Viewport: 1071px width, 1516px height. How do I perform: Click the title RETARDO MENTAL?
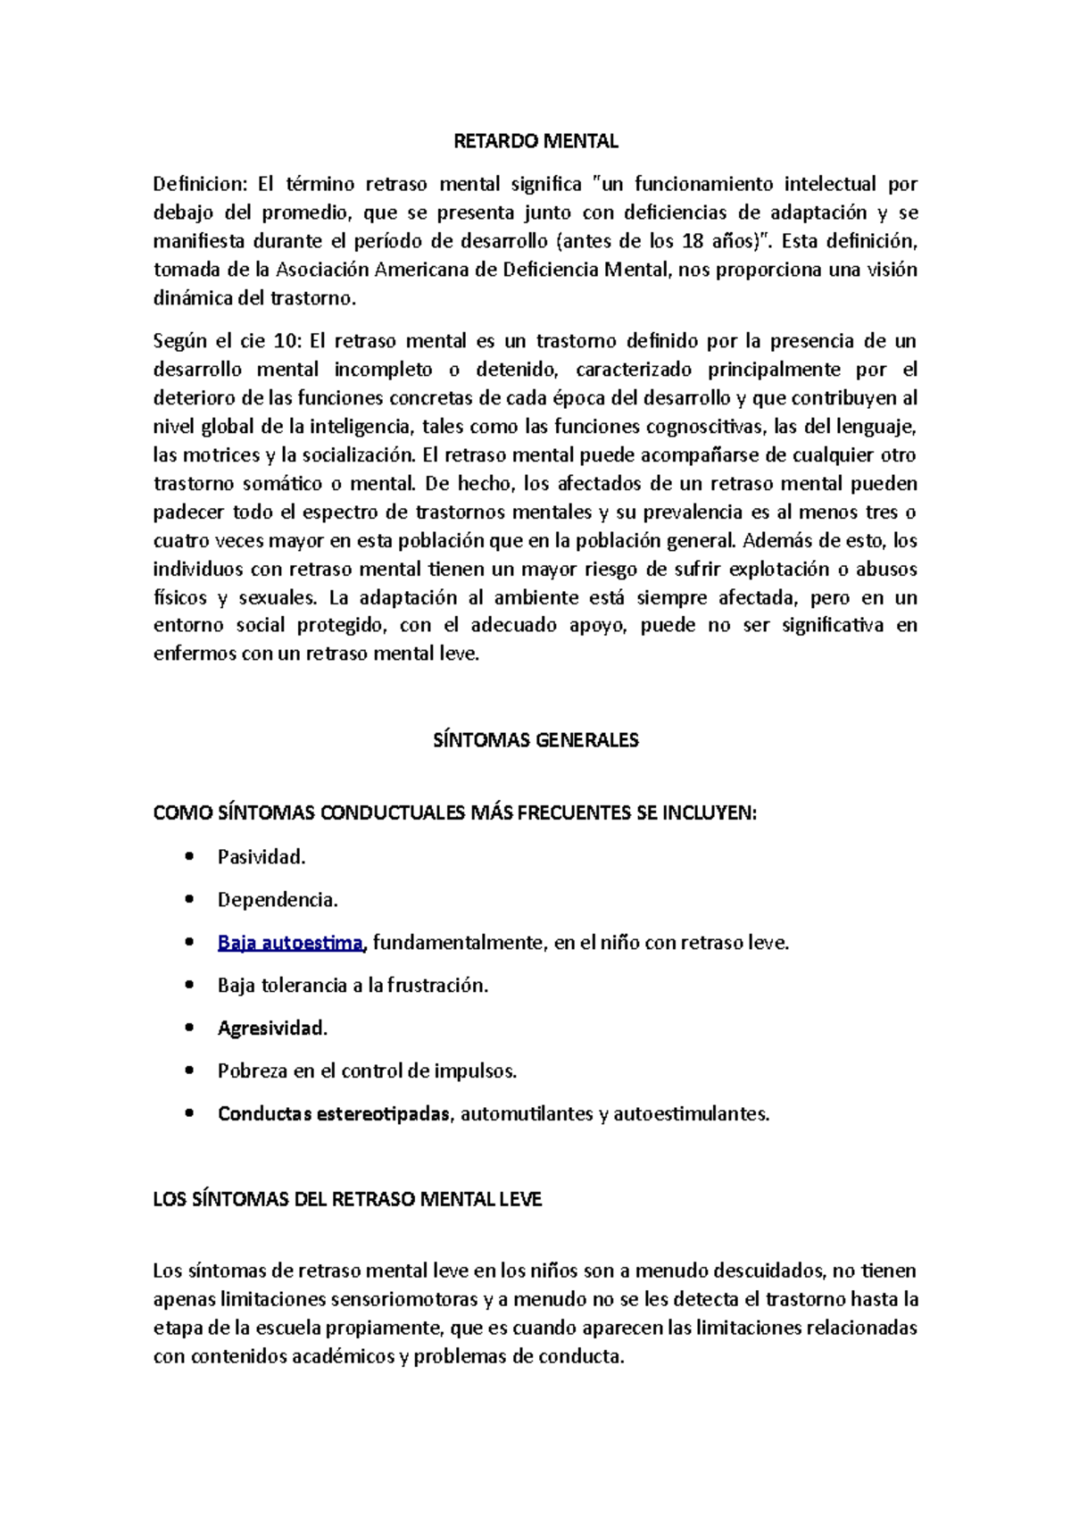click(x=535, y=141)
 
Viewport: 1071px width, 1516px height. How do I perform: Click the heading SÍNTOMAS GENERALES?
click(x=535, y=740)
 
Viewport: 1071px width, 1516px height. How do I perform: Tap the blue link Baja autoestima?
click(x=290, y=943)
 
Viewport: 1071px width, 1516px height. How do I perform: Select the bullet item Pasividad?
click(x=262, y=857)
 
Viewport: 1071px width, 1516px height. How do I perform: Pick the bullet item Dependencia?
click(x=278, y=900)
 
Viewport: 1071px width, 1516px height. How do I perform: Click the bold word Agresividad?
click(x=272, y=1029)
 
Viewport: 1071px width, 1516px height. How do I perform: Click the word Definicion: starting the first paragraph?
click(x=199, y=184)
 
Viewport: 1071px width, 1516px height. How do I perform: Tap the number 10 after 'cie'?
click(x=282, y=341)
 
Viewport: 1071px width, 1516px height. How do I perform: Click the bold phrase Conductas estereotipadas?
click(x=334, y=1114)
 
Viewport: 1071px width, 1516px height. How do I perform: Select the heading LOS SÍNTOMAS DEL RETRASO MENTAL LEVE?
click(x=347, y=1200)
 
